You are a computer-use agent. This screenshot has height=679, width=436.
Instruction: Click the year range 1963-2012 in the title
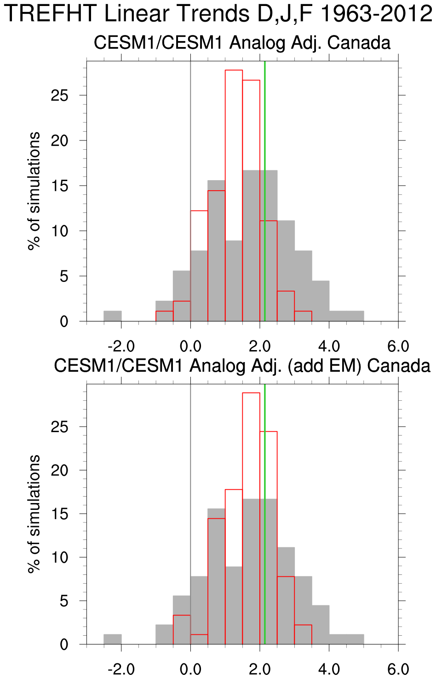tap(376, 14)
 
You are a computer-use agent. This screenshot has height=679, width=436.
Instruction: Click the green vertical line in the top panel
tap(265, 138)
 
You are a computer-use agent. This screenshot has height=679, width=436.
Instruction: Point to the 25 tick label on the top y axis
tap(60, 95)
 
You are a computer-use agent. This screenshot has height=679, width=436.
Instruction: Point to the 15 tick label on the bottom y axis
tap(60, 514)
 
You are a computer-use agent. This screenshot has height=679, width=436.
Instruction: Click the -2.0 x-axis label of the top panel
tap(121, 346)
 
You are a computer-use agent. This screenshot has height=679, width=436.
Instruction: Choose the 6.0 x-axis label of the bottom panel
tap(398, 669)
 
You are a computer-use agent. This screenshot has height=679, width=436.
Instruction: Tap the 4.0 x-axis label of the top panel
tap(329, 346)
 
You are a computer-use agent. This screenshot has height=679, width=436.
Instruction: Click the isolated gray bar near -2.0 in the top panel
tap(113, 316)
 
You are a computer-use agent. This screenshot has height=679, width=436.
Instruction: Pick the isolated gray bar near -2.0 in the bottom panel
tap(113, 639)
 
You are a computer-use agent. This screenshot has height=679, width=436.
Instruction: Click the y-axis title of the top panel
tap(34, 191)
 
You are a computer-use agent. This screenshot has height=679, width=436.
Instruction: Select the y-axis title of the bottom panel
tap(34, 514)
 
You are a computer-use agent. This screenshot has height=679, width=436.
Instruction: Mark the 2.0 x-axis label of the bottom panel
tap(260, 669)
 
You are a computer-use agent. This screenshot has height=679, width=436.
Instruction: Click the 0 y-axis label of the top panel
tap(64, 322)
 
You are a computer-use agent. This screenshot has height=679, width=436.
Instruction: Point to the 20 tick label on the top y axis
tap(60, 140)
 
